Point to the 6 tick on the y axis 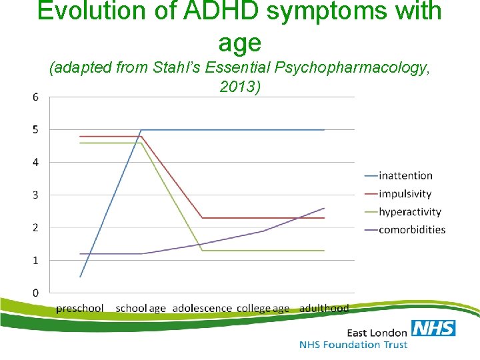(x=35, y=97)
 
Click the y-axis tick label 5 (x=35, y=129)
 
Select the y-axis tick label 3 (x=35, y=195)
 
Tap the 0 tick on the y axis (x=35, y=293)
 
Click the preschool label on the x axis (x=80, y=309)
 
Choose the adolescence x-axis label (x=202, y=309)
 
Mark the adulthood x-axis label (x=324, y=309)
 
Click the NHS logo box (x=433, y=328)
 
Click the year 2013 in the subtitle (x=237, y=87)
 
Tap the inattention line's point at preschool (x=80, y=277)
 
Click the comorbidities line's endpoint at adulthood (x=325, y=208)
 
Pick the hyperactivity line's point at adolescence (x=203, y=251)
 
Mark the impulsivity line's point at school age (x=141, y=136)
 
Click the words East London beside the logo (x=377, y=332)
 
